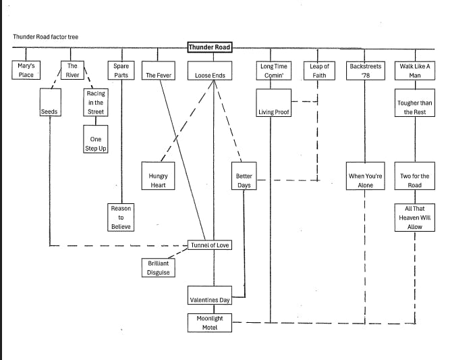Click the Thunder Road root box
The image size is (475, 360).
coord(210,47)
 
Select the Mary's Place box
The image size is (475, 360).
coord(26,70)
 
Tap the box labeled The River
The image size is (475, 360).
coord(72,70)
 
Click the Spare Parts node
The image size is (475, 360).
coord(121,70)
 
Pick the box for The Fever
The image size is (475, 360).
coord(159,75)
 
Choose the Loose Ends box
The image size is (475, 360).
coord(210,75)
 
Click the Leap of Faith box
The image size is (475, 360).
coord(319,70)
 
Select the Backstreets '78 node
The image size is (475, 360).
coord(365,70)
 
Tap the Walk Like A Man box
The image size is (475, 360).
coord(414,70)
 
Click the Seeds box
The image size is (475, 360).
coord(49,111)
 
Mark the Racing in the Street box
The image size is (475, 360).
coord(96,103)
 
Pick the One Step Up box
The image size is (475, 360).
coord(96,144)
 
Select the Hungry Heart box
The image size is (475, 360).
coord(158,180)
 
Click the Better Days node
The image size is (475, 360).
coord(244,180)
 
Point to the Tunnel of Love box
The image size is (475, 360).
coord(210,245)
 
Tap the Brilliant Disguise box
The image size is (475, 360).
coord(158,267)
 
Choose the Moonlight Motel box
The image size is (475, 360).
coord(210,322)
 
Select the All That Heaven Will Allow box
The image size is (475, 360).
coord(414,217)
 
